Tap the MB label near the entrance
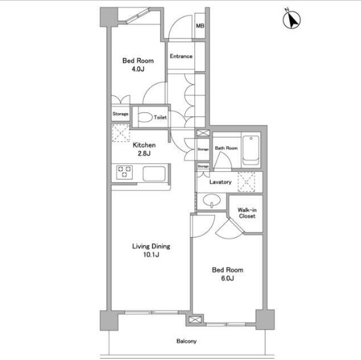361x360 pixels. [200, 25]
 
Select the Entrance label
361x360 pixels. [181, 56]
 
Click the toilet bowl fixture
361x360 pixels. [145, 117]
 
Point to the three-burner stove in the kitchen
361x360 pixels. [124, 172]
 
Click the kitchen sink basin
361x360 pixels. [154, 174]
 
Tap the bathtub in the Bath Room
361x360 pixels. [250, 150]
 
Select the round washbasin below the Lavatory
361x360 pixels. [212, 201]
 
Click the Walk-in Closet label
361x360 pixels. [247, 213]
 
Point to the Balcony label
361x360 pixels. [186, 341]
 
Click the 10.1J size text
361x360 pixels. [151, 255]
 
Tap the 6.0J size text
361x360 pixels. [228, 278]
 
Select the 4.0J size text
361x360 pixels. [138, 69]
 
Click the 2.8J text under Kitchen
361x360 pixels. [144, 154]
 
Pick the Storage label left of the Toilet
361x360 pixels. [120, 114]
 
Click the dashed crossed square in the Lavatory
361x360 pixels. [247, 182]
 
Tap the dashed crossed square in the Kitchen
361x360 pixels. [120, 133]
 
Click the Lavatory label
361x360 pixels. [220, 182]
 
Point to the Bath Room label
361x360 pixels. [226, 148]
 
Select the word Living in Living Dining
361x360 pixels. [141, 246]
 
